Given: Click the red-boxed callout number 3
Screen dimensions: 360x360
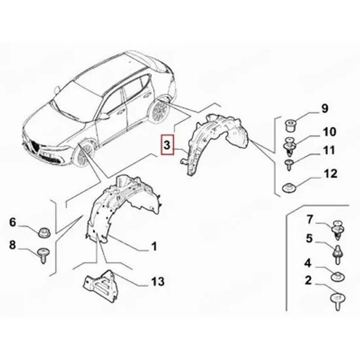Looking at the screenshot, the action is click(x=167, y=145).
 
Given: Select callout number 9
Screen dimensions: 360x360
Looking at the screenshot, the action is click(x=325, y=109).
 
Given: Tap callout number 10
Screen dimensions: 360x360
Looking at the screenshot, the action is click(x=329, y=132).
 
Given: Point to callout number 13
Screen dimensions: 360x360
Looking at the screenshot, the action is click(x=158, y=281).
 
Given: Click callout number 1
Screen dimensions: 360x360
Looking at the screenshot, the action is click(x=154, y=246).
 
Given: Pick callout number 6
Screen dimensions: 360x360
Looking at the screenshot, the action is click(x=12, y=223).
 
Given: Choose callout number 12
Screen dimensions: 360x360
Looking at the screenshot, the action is click(x=331, y=173).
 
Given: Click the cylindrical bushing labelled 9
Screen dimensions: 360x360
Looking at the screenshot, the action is click(x=290, y=125).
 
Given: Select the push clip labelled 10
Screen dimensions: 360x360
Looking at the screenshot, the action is click(x=289, y=147).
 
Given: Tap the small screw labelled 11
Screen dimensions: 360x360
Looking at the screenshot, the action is click(x=289, y=165).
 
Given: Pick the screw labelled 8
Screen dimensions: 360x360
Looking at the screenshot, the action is click(x=43, y=255).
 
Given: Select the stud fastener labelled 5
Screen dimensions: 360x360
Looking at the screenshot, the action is click(x=338, y=255).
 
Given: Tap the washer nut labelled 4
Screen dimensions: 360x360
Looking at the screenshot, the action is click(x=338, y=276).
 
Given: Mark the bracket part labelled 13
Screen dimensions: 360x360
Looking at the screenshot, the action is click(x=101, y=285).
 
